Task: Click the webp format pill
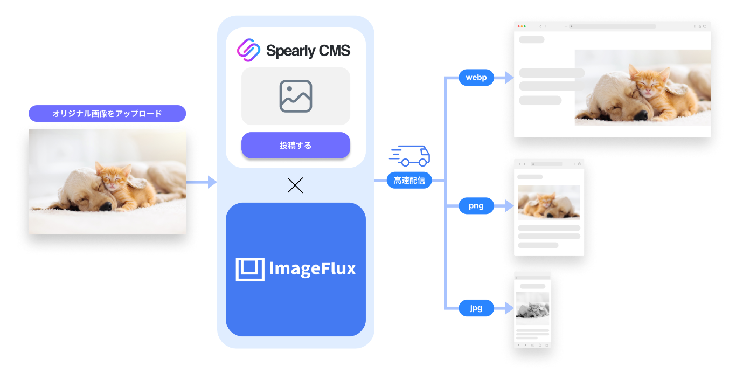point(476,78)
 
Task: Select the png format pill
point(476,205)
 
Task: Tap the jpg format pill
point(476,308)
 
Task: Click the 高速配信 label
point(409,180)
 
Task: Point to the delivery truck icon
point(410,156)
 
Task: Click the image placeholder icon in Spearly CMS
point(296,96)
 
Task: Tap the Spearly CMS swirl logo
point(249,50)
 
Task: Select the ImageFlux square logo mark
point(250,269)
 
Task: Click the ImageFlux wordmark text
point(312,268)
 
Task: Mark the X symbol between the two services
point(295,185)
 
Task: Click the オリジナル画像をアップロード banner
point(107,114)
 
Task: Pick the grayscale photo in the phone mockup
point(532,308)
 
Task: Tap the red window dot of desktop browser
point(518,26)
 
